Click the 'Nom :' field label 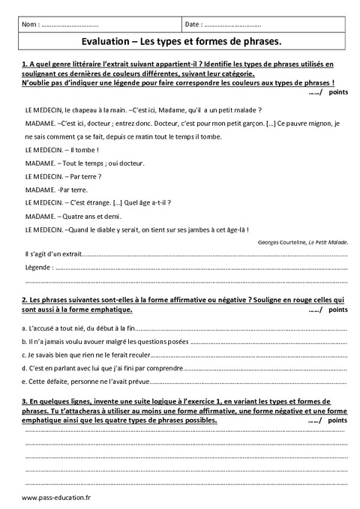[x=32, y=25]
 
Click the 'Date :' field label [x=193, y=25]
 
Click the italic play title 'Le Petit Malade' [x=331, y=243]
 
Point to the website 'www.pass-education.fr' [x=56, y=498]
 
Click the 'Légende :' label [x=40, y=267]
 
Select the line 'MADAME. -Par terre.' [x=57, y=190]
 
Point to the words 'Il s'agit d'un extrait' [x=54, y=254]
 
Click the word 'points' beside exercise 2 [x=338, y=309]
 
